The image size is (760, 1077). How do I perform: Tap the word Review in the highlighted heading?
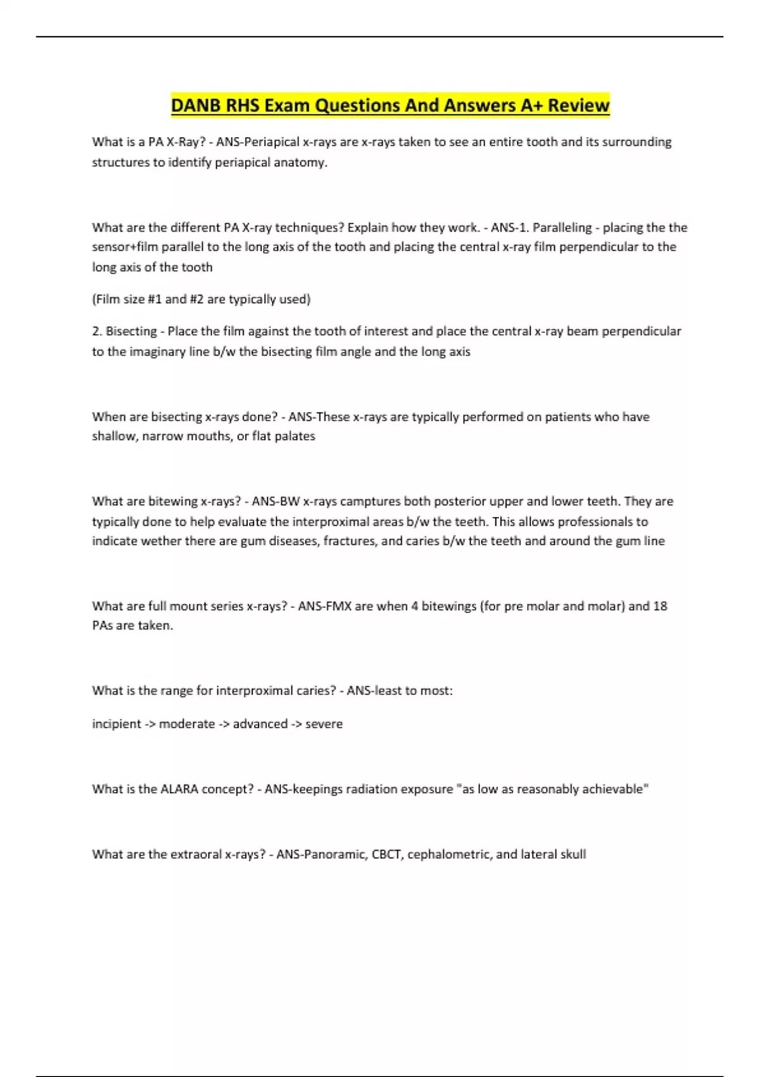click(578, 105)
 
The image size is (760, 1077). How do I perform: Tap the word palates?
click(294, 436)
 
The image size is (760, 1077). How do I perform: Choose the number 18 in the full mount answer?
click(660, 606)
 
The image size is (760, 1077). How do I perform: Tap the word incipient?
click(117, 723)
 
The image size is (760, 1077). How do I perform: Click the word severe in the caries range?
click(324, 723)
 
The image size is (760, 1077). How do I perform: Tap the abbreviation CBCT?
click(386, 854)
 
